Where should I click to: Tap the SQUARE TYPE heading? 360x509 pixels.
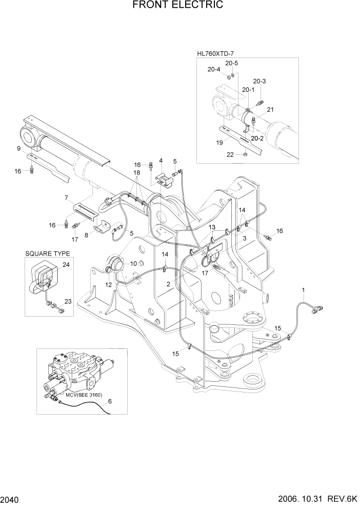[47, 253]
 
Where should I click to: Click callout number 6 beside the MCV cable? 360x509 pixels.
[109, 401]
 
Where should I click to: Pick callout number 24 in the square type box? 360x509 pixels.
[66, 265]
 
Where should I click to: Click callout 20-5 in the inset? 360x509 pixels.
[231, 64]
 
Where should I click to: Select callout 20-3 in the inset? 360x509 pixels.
[259, 81]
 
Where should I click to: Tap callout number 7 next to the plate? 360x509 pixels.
[66, 198]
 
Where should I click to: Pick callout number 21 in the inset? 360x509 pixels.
[270, 109]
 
